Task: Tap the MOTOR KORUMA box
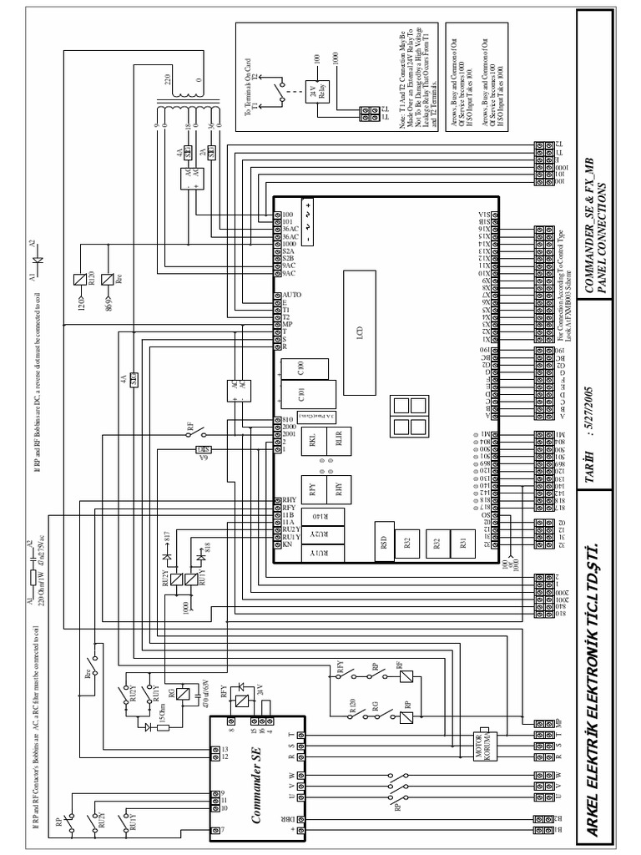point(486,742)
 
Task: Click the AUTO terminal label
point(292,296)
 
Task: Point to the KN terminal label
point(287,545)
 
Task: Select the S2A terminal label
point(288,250)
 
